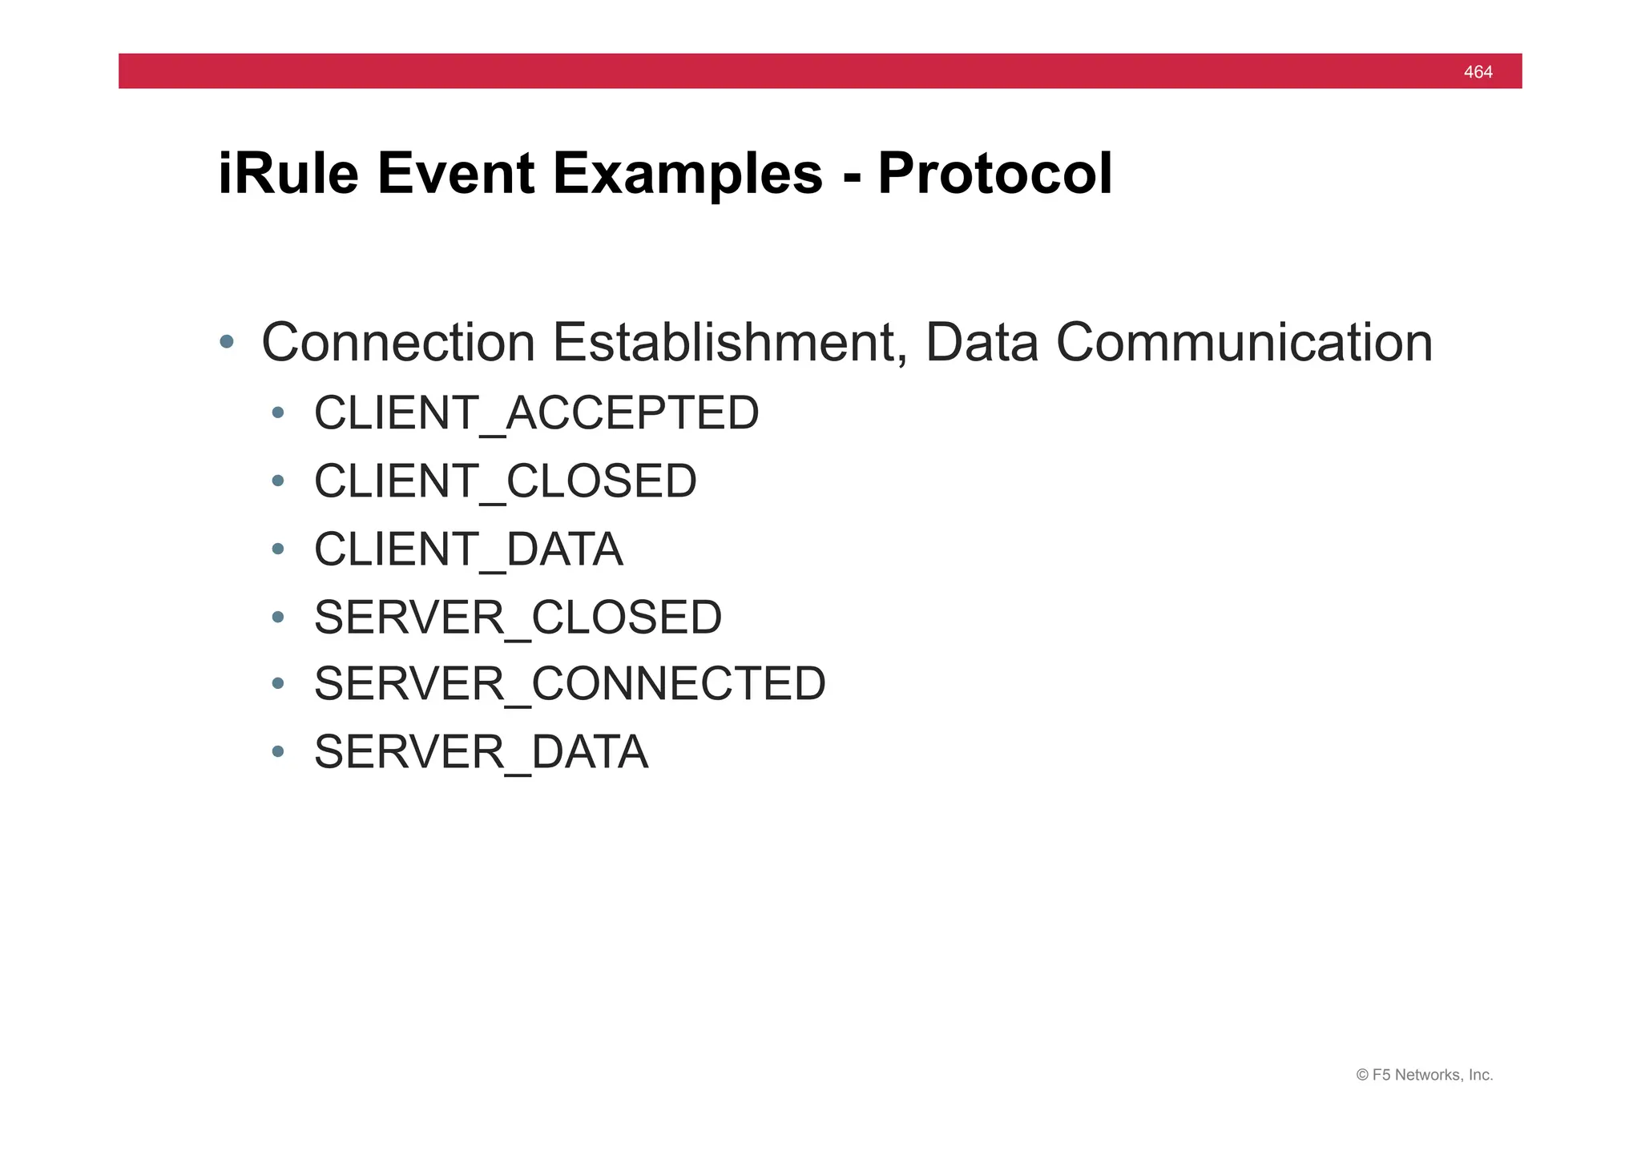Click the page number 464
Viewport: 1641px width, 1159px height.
point(1478,72)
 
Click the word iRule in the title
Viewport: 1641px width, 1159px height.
point(288,174)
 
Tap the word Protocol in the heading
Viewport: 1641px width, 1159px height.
point(994,174)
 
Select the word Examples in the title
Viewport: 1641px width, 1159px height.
point(687,174)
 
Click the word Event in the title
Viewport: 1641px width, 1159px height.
point(455,174)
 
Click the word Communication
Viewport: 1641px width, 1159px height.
point(1244,343)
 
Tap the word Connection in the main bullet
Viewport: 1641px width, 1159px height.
point(397,343)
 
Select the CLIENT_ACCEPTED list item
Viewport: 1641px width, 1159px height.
point(536,413)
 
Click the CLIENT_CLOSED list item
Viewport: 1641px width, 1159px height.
point(505,481)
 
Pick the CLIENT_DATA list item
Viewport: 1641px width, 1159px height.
point(468,549)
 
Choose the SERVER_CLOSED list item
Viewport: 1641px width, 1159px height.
point(518,618)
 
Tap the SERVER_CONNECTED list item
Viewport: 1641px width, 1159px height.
point(569,684)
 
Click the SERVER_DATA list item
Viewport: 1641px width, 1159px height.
point(481,752)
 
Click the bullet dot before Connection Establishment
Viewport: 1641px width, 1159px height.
point(227,342)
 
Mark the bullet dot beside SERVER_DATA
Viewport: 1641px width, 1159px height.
point(278,751)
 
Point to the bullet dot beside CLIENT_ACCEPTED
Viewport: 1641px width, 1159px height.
point(278,412)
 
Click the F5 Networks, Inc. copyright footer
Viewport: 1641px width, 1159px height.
point(1424,1075)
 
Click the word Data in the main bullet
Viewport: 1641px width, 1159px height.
point(982,343)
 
